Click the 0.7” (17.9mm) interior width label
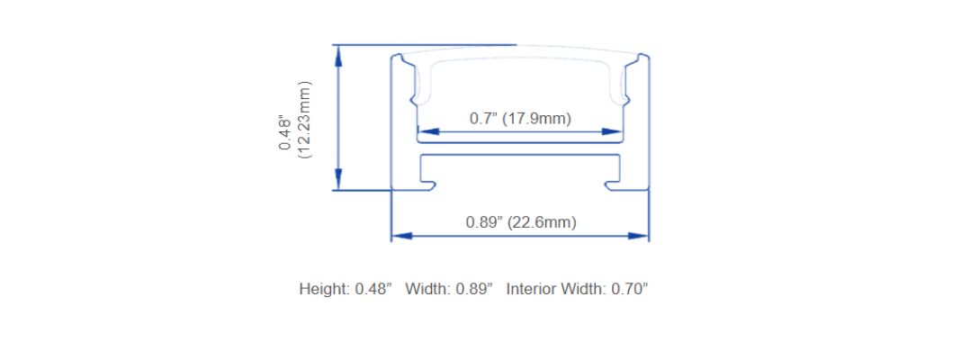[520, 119]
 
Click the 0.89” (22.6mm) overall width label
[521, 222]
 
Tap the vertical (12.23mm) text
[305, 120]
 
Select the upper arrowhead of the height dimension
[337, 56]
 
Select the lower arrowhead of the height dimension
[337, 180]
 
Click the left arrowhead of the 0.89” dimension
[401, 236]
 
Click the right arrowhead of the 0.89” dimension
[638, 236]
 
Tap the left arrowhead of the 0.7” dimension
[428, 131]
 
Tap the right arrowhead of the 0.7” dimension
[612, 131]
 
